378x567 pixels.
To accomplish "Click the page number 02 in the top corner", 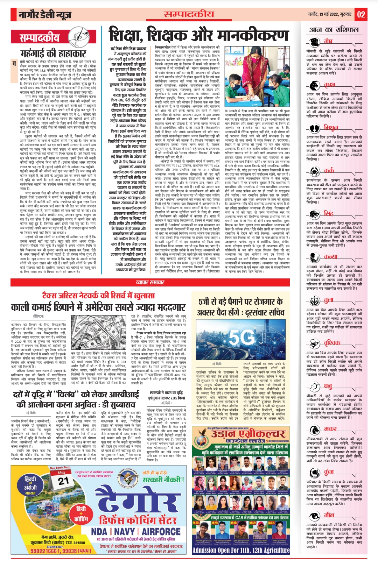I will tap(361, 15).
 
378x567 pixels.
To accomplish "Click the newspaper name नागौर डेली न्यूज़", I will tap(45, 15).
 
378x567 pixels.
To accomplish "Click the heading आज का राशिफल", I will tap(334, 30).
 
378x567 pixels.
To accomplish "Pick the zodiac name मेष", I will tap(328, 41).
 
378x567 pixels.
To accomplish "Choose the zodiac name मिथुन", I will tap(331, 128).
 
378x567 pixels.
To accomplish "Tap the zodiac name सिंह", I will tap(328, 213).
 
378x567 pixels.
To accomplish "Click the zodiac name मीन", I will tap(329, 515).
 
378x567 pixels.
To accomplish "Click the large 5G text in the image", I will tap(242, 338).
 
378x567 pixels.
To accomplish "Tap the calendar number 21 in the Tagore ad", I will tap(63, 481).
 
